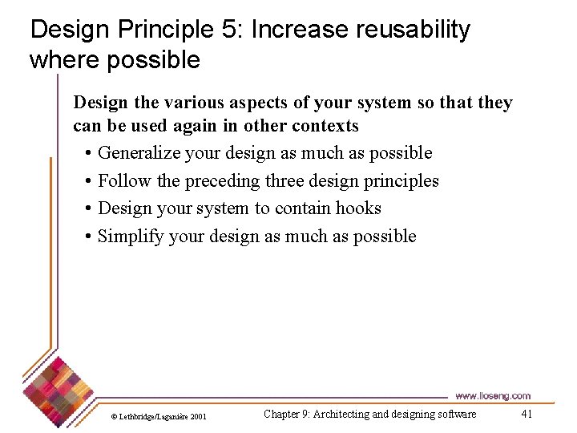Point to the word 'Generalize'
[x=138, y=153]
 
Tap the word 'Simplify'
[x=131, y=237]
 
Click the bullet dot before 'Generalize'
[x=86, y=153]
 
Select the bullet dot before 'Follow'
[x=86, y=181]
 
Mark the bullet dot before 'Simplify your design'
[x=86, y=237]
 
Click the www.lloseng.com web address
[x=492, y=395]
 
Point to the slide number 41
[x=527, y=414]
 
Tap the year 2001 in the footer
[x=199, y=416]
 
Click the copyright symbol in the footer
[x=113, y=416]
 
